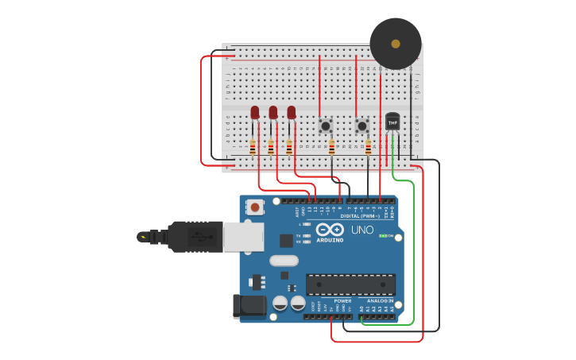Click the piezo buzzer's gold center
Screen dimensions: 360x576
point(396,43)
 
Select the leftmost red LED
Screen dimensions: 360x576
point(255,113)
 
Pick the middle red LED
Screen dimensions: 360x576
point(273,113)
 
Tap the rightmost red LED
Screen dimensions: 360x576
point(292,113)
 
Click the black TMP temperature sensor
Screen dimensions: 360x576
point(392,122)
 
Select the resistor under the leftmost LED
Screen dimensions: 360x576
point(253,147)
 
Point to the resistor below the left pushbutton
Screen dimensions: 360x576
point(332,147)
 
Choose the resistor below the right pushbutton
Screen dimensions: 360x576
point(369,147)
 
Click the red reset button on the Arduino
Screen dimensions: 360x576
point(255,207)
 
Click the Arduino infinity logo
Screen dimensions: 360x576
point(329,230)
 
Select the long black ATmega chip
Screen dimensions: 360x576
point(350,284)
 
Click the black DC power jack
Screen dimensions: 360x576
point(248,307)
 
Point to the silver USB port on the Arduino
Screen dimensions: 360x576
point(243,237)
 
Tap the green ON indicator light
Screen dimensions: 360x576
point(382,236)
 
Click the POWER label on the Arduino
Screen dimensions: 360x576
point(342,301)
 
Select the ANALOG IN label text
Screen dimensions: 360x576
point(380,301)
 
